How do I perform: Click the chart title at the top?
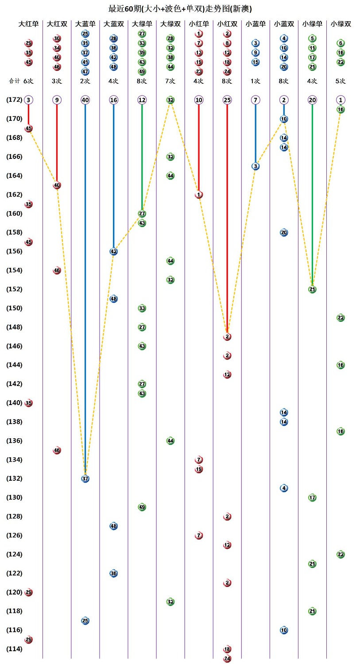click(x=180, y=8)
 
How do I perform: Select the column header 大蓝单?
click(x=85, y=24)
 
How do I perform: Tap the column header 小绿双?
click(x=341, y=24)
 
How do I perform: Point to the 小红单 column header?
click(x=199, y=24)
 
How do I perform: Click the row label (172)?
click(x=14, y=100)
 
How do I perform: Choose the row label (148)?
click(x=14, y=327)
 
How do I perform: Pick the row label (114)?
click(x=14, y=649)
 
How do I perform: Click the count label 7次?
click(x=170, y=81)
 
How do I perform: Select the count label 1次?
click(x=255, y=81)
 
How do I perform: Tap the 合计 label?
click(x=15, y=81)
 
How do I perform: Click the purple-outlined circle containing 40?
click(x=85, y=100)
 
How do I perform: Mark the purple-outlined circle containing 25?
click(x=227, y=100)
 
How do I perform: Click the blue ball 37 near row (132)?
click(x=85, y=479)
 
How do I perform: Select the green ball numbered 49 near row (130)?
click(x=142, y=507)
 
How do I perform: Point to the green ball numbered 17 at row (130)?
click(x=312, y=498)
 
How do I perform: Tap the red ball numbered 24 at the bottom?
click(x=227, y=658)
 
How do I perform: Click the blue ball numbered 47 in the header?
click(x=85, y=72)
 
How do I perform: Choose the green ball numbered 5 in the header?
click(x=312, y=39)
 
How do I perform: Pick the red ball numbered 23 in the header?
click(x=199, y=72)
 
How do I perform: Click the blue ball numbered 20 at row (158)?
click(x=284, y=232)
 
